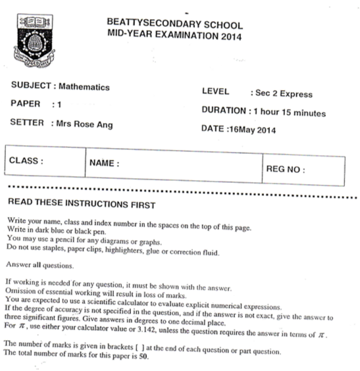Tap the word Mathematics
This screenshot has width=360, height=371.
[84, 87]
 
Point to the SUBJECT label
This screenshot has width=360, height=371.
[33, 87]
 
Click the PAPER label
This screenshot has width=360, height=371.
[26, 104]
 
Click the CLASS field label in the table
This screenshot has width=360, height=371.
[26, 160]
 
